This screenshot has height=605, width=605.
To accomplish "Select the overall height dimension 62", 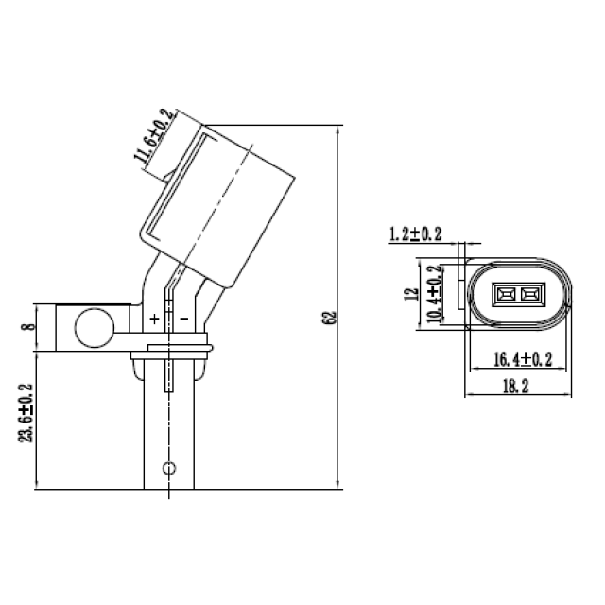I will point(329,318).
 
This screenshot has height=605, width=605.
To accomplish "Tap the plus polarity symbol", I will point(154,320).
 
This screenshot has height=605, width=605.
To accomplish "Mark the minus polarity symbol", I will point(183,320).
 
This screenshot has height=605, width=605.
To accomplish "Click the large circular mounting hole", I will point(92,328).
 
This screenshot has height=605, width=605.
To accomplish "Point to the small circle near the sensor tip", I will point(168,468).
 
